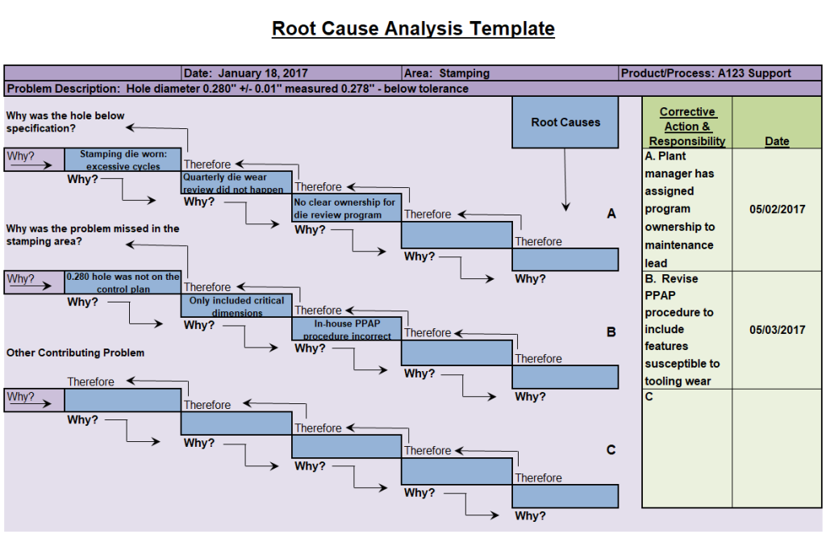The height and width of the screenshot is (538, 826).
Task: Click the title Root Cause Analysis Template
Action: coord(413,29)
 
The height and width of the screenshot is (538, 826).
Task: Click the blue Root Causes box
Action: coord(565,123)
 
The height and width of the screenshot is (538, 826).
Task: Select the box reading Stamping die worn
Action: coord(123,160)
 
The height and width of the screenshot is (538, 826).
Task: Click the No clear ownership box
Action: coord(346,208)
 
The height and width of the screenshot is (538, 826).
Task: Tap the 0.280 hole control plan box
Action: coord(123,282)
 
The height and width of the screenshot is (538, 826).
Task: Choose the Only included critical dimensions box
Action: coord(236,306)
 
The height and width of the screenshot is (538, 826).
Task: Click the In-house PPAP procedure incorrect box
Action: coord(346,329)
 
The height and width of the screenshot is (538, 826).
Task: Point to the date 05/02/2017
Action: coord(777,210)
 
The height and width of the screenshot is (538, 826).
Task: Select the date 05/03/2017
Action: coord(777,330)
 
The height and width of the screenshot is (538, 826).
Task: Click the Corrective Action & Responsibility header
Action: coord(687,127)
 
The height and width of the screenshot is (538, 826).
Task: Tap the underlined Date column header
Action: coord(777,141)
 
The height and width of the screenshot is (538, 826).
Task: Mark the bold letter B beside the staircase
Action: coord(611,332)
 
